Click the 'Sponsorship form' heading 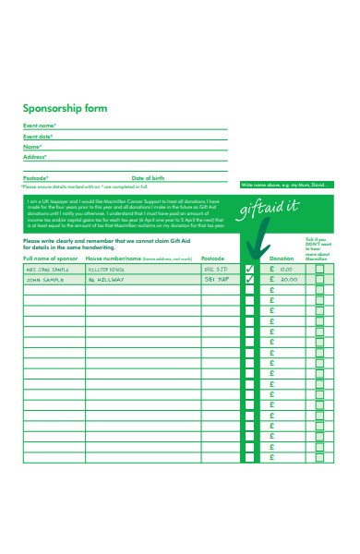tap(65, 108)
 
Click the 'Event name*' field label tap(40, 126)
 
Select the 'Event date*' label tap(38, 137)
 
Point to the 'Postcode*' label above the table tap(36, 177)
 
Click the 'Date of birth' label tap(148, 177)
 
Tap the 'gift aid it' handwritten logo tap(268, 211)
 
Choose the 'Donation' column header tap(282, 259)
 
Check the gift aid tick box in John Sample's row tap(249, 279)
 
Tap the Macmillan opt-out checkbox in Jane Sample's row tap(320, 269)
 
